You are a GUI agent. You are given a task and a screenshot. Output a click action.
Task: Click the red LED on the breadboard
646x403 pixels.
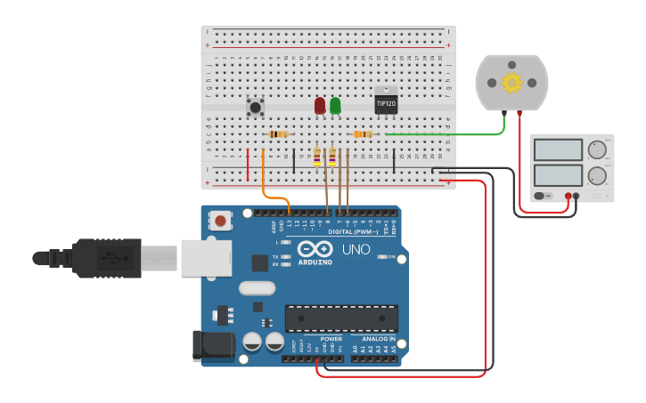(x=320, y=106)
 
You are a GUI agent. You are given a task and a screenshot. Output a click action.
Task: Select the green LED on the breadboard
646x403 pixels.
(x=335, y=106)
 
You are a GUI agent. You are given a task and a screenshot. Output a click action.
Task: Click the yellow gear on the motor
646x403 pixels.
(x=511, y=83)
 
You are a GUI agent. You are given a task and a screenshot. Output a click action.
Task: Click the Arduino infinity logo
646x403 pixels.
(x=315, y=250)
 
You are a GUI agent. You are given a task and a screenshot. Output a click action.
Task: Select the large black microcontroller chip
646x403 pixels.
(x=341, y=318)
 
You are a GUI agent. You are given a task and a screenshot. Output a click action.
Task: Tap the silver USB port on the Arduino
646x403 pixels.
(x=206, y=257)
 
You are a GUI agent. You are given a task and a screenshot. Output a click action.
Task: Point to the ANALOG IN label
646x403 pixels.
(x=373, y=339)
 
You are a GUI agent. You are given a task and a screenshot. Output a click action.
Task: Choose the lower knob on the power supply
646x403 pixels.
(x=597, y=174)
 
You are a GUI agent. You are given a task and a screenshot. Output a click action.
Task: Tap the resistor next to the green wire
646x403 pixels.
(x=363, y=134)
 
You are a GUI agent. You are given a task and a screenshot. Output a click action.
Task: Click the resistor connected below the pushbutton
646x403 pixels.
(x=278, y=134)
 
